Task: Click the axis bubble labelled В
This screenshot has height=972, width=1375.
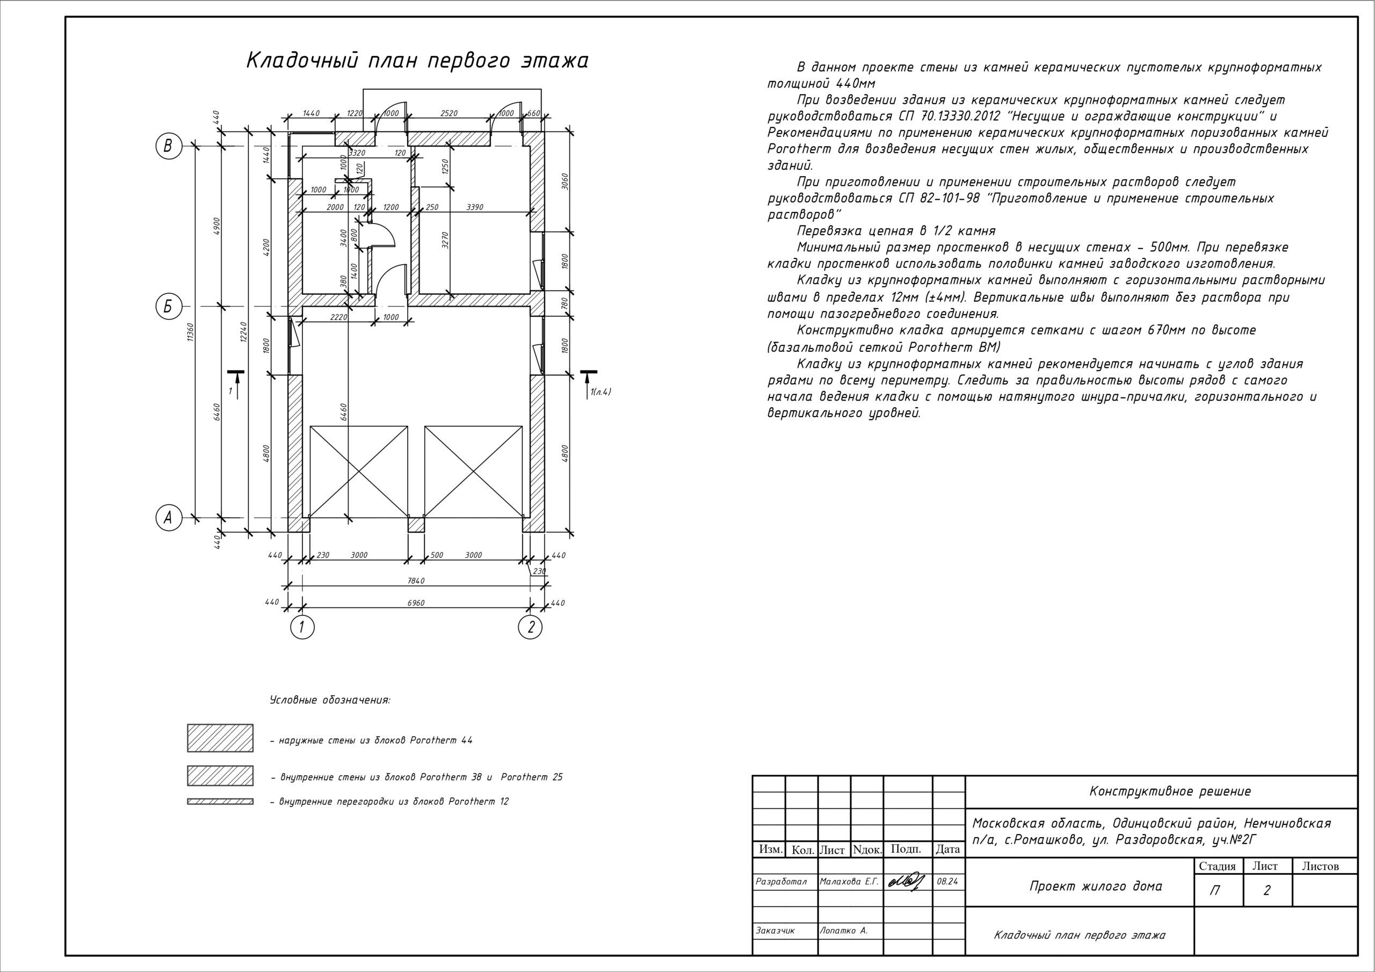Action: point(168,146)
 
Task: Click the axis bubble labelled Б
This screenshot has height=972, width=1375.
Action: point(168,307)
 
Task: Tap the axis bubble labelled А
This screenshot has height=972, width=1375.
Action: point(168,518)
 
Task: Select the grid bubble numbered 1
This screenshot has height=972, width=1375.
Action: point(302,628)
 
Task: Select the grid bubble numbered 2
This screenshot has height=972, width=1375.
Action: point(531,628)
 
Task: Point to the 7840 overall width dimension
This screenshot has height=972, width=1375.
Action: point(416,581)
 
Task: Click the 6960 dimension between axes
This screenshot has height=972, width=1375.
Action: point(416,603)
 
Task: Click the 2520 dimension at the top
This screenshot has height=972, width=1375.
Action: point(448,113)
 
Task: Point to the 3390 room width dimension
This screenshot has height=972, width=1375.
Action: point(475,207)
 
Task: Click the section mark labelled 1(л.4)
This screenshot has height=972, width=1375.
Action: point(599,392)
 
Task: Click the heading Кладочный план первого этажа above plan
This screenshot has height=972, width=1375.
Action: point(417,61)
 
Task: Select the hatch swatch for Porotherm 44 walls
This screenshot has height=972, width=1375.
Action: point(220,738)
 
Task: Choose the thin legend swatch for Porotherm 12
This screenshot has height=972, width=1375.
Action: point(220,801)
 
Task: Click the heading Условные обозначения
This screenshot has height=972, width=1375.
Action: point(330,700)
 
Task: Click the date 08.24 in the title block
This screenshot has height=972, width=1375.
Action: point(948,882)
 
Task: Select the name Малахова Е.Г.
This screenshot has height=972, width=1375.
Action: point(849,882)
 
